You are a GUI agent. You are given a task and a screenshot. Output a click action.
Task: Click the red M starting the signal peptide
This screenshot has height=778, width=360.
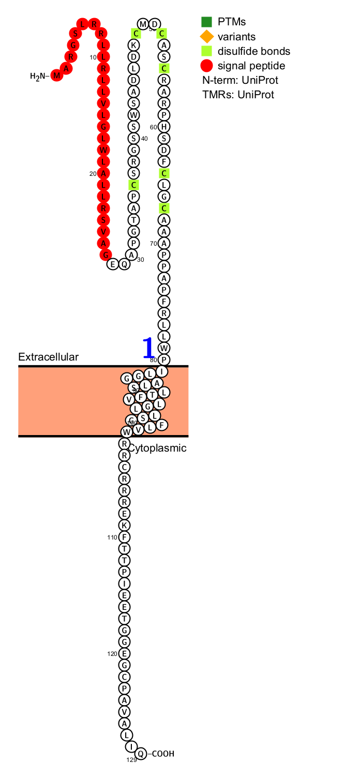tap(56, 76)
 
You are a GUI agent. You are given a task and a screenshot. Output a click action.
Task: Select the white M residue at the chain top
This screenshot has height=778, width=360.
tap(143, 24)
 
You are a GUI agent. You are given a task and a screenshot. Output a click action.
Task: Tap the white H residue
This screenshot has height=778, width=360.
tap(164, 127)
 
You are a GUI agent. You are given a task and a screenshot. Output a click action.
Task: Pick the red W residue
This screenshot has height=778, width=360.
tap(103, 150)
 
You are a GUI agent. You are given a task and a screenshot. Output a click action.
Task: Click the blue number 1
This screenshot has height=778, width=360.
tap(148, 348)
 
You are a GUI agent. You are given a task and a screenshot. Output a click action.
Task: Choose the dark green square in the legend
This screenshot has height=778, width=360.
tap(206, 22)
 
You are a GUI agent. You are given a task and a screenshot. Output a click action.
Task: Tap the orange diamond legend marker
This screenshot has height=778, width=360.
tap(206, 37)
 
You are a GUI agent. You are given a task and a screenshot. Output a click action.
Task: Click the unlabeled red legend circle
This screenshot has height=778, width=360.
tap(206, 66)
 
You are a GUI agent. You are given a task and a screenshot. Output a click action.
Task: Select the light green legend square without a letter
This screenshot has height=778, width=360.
tap(206, 51)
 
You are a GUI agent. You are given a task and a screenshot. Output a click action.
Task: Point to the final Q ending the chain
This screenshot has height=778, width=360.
tap(141, 754)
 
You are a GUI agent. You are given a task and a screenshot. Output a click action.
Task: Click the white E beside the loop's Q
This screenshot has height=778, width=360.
tap(113, 264)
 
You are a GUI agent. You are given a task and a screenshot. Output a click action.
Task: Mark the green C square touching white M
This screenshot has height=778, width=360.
tap(136, 34)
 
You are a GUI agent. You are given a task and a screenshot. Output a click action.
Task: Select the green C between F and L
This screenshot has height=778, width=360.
tap(164, 173)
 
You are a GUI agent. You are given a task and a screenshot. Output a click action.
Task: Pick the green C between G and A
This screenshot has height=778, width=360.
tap(164, 208)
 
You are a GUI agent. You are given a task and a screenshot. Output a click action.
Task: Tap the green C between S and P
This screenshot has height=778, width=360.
tap(133, 185)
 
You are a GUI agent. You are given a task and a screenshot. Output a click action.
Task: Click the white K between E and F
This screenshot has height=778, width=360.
tap(124, 526)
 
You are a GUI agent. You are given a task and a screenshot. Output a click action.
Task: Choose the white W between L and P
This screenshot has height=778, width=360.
tap(164, 348)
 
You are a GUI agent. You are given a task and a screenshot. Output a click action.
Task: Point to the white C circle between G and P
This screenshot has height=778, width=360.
tap(124, 677)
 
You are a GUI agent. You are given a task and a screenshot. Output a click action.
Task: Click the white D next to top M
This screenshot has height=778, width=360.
tap(155, 24)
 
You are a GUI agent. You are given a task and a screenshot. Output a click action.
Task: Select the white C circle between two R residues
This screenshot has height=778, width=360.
tap(124, 467)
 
